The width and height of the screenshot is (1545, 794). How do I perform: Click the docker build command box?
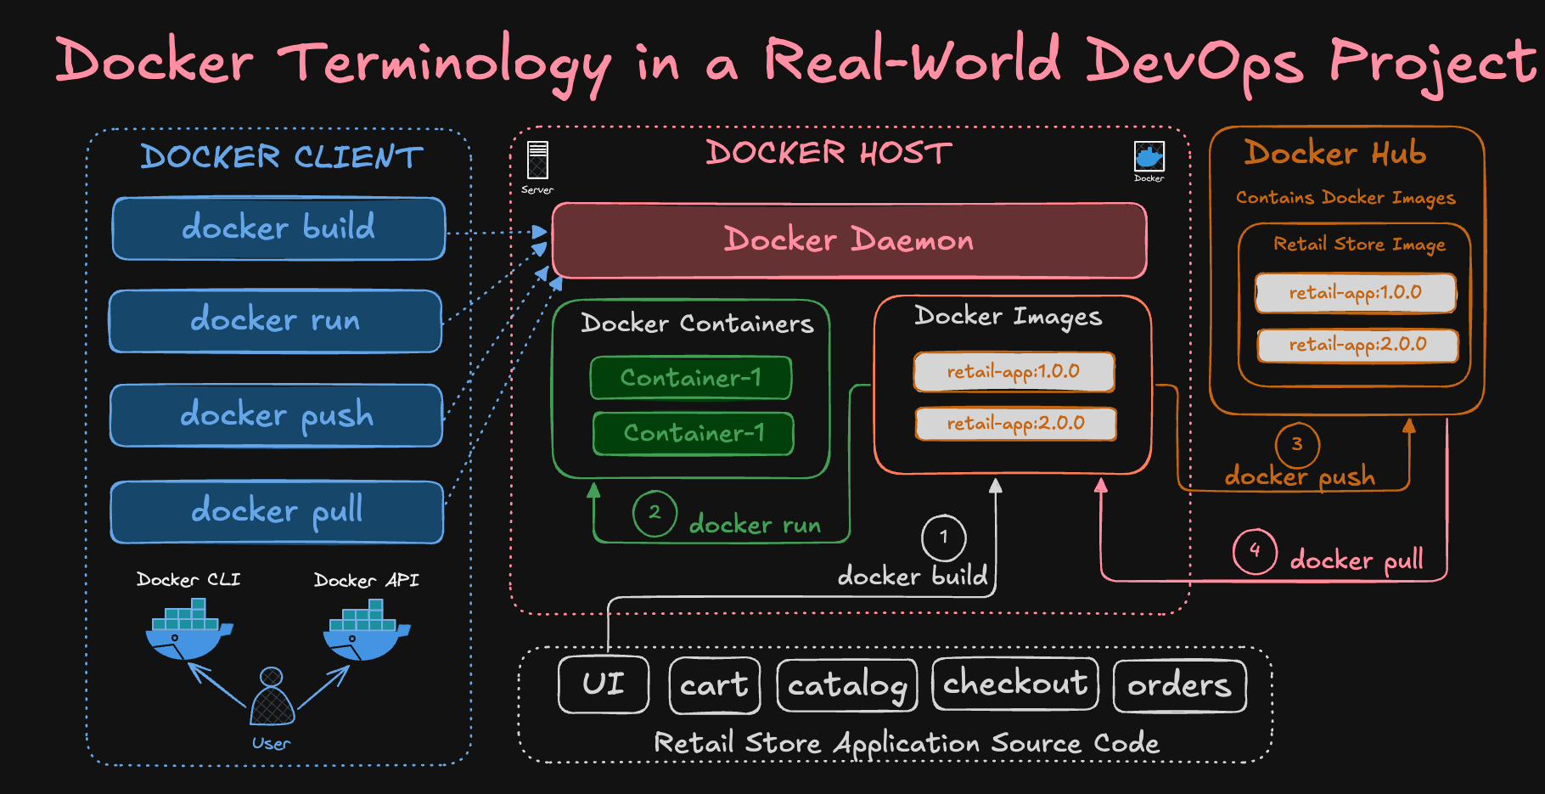[x=278, y=228]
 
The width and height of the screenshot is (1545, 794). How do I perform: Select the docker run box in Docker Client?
[x=275, y=321]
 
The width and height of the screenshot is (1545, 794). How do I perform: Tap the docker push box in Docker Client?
[x=276, y=415]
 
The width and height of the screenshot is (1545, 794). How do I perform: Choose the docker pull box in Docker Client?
[x=277, y=511]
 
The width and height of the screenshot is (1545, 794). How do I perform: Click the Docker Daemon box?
[x=849, y=240]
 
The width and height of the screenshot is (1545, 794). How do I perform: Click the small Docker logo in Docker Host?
[x=1149, y=156]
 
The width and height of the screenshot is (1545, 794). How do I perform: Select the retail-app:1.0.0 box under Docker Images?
[x=1014, y=372]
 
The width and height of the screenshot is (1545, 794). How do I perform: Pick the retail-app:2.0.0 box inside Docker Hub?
[x=1357, y=345]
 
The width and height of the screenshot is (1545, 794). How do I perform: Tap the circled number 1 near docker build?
[x=943, y=537]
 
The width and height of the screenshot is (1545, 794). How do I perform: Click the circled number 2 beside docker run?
[x=655, y=513]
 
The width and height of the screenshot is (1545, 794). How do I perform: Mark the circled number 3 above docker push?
[x=1296, y=444]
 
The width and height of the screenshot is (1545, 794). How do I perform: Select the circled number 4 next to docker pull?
[x=1255, y=551]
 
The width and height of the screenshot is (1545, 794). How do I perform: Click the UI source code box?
[x=604, y=684]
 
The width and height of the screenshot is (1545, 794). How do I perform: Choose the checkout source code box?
[x=1015, y=683]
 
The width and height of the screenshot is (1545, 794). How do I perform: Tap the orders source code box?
[x=1179, y=685]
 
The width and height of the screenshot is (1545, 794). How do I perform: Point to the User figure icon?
[x=272, y=698]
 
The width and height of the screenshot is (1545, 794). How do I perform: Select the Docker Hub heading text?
[x=1334, y=154]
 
